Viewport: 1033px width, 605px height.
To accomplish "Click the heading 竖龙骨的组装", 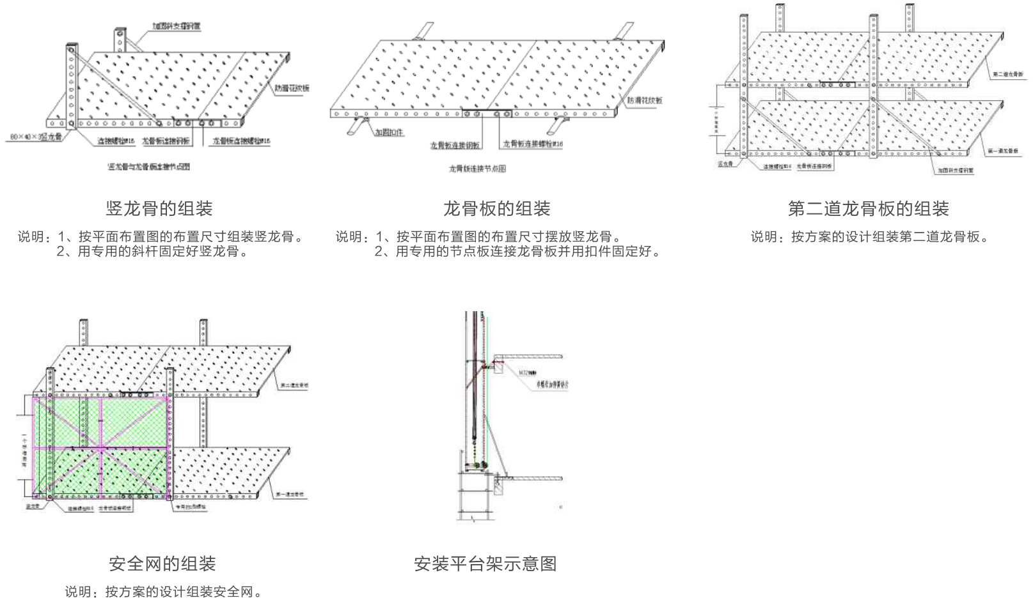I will pos(159,208).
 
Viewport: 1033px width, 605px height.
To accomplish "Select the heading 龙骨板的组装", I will pos(496,208).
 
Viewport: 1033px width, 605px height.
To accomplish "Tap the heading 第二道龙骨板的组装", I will pos(868,208).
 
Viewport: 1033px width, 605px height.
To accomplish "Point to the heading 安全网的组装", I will pos(162,563).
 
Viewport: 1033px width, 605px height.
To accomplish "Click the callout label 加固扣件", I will pos(389,133).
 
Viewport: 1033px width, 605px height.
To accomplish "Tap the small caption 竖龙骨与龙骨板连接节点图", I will pos(148,167).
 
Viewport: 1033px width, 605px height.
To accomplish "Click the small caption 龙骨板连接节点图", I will pos(477,169).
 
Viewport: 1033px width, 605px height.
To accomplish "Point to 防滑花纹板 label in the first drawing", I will pos(292,88).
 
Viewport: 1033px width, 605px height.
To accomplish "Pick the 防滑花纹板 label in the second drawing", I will pos(644,100).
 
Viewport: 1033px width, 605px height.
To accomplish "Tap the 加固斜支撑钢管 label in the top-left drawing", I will pos(176,27).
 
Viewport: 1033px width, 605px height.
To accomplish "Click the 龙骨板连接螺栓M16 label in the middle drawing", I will pos(533,144).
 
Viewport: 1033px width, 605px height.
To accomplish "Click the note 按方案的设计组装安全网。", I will pos(163,592).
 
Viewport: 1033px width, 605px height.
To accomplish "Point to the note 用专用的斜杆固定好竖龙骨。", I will pos(152,251).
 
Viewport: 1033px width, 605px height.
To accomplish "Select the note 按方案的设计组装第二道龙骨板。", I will pos(870,237).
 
